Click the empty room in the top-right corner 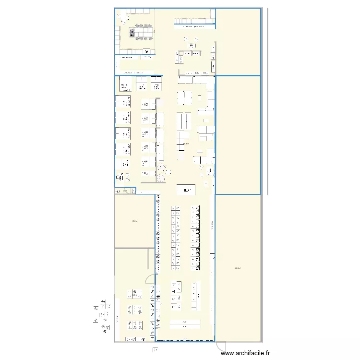(239, 41)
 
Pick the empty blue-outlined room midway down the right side (238, 134)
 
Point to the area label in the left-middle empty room (134, 221)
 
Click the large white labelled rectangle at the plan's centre (186, 190)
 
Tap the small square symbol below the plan (155, 349)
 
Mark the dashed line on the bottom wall (185, 340)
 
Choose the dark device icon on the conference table (133, 33)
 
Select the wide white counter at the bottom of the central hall (184, 323)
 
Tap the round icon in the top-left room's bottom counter (146, 50)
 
